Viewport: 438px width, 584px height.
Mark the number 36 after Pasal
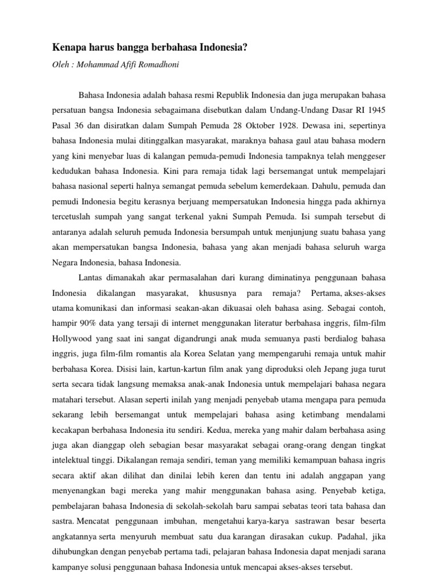83,123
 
